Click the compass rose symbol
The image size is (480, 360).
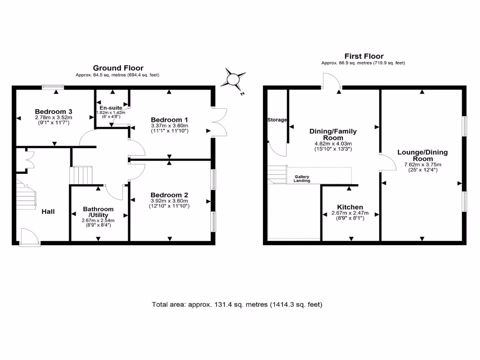click(x=233, y=78)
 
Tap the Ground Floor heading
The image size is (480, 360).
click(x=118, y=68)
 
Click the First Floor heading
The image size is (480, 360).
click(x=364, y=56)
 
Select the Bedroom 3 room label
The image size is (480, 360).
click(x=53, y=112)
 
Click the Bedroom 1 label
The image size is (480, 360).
click(x=169, y=119)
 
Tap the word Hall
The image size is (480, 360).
click(x=48, y=212)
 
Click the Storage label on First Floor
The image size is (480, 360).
click(x=277, y=120)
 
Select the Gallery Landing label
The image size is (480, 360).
click(x=302, y=179)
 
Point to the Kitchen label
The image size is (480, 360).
click(x=350, y=207)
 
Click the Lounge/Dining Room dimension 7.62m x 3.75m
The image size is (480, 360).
click(x=422, y=165)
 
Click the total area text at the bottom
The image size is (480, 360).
click(x=237, y=305)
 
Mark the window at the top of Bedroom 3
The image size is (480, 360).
click(x=52, y=86)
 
